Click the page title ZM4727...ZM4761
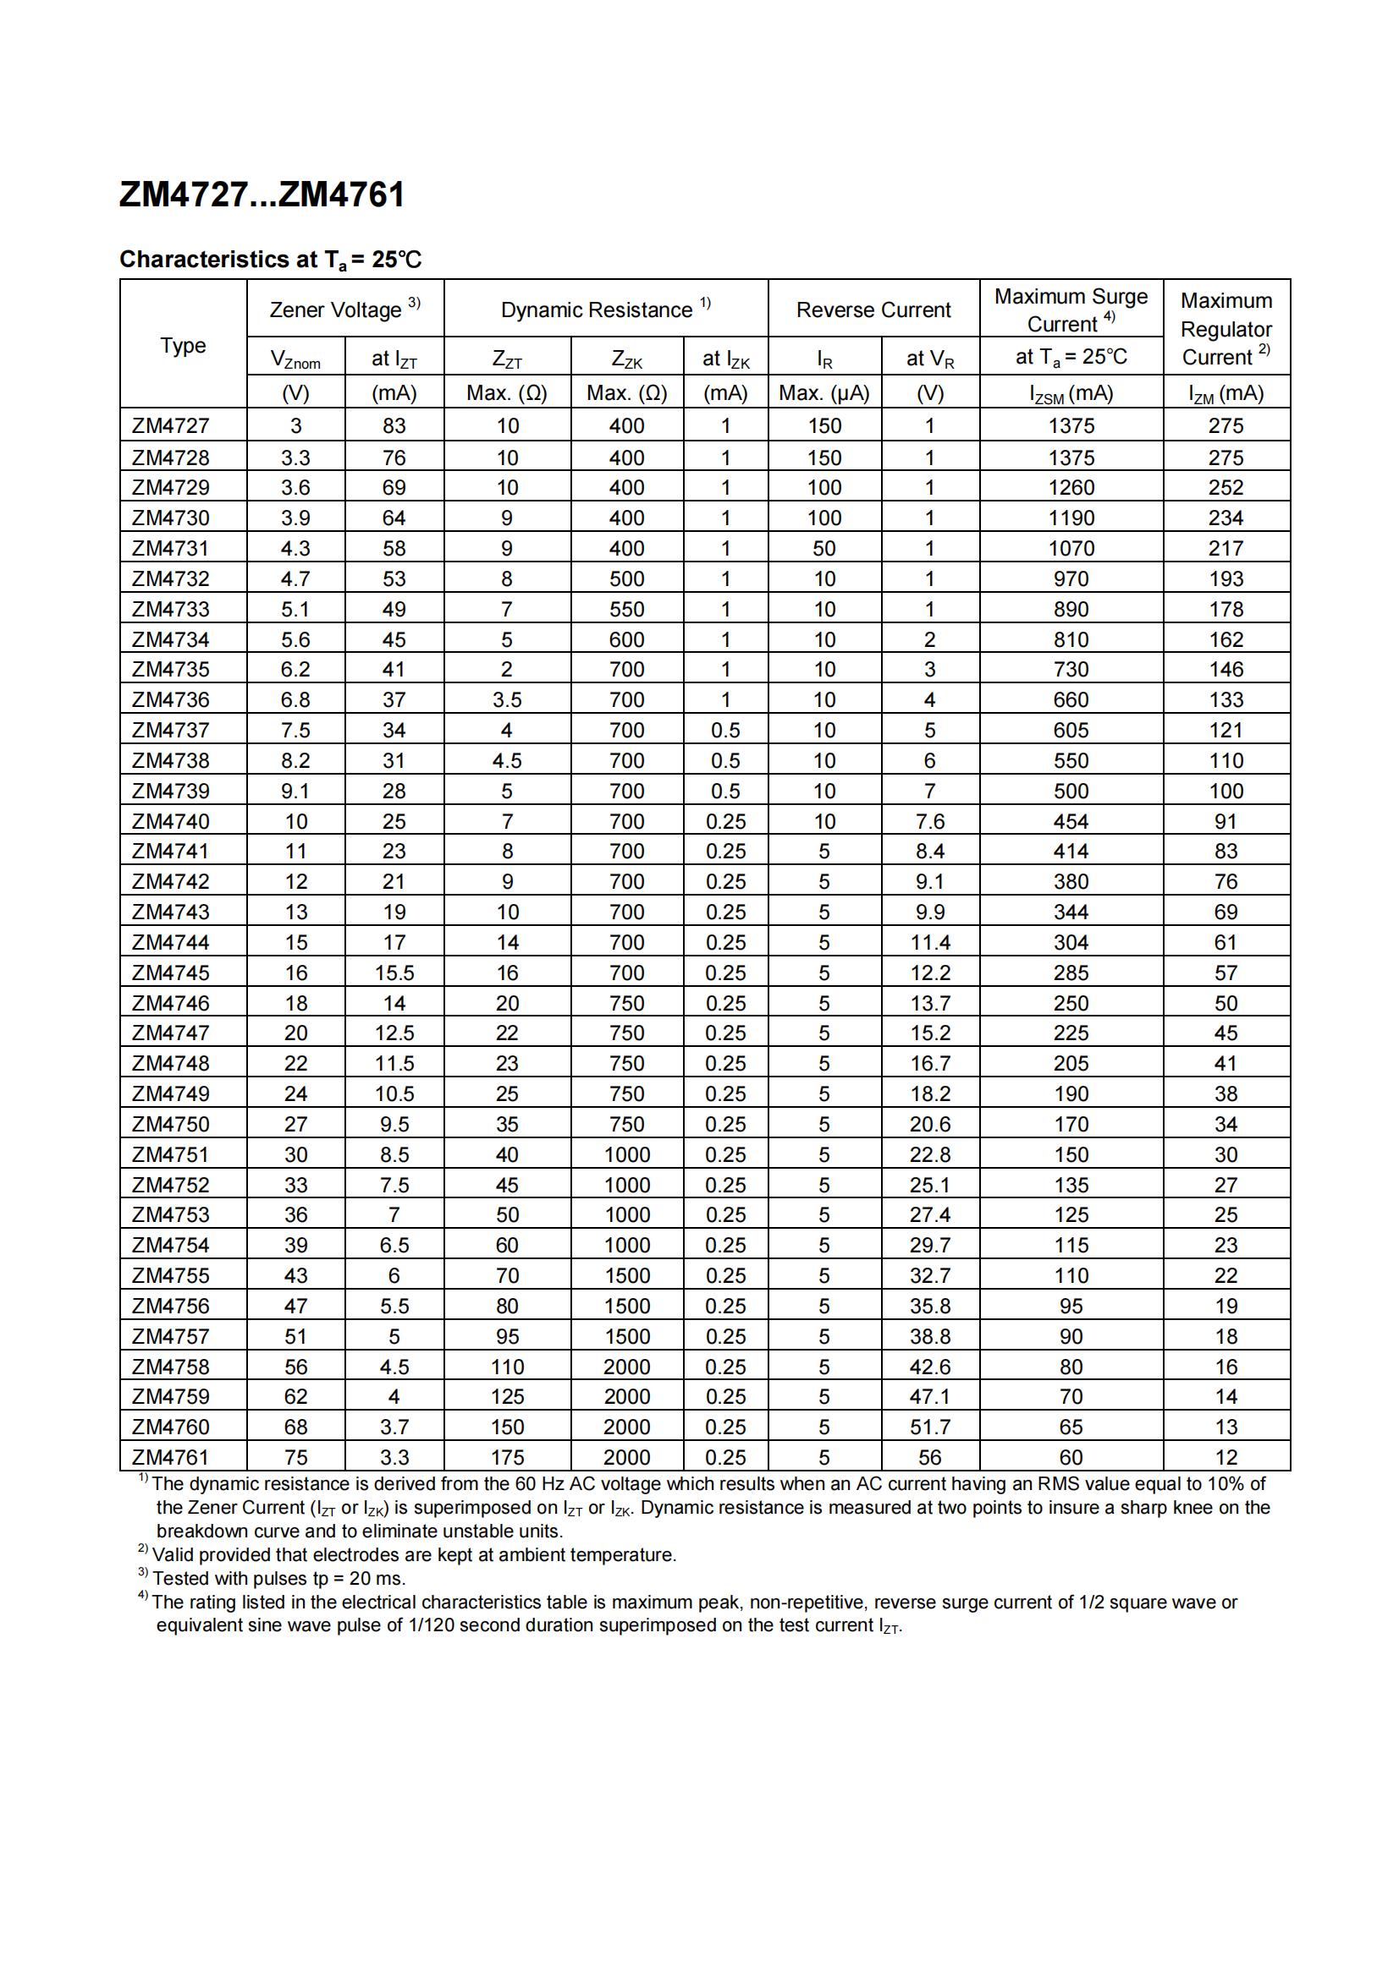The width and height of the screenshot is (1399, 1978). (x=262, y=195)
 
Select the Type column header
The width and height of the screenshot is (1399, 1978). (x=183, y=346)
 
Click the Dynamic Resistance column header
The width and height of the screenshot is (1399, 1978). (x=605, y=310)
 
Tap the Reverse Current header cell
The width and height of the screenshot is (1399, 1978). (x=873, y=310)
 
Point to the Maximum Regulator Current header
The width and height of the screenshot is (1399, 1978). (x=1226, y=328)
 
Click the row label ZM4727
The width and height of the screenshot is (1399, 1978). (x=171, y=425)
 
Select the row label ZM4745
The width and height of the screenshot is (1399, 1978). (x=171, y=973)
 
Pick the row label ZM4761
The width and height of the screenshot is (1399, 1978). (x=171, y=1457)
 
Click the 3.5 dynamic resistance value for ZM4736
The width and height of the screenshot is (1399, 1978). (x=507, y=699)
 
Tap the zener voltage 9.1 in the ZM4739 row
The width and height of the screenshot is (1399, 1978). (x=295, y=791)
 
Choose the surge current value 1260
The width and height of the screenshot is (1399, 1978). (x=1071, y=488)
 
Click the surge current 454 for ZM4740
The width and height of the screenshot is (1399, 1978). (x=1071, y=821)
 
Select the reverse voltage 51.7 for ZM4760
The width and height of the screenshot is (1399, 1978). (x=929, y=1427)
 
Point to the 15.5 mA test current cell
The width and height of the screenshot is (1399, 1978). (x=394, y=973)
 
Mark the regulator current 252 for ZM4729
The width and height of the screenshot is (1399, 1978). (x=1226, y=488)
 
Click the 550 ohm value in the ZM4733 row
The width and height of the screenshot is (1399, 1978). (x=626, y=609)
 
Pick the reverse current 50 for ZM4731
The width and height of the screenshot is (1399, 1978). (x=824, y=548)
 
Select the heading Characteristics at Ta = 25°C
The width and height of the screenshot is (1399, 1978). (x=271, y=260)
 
